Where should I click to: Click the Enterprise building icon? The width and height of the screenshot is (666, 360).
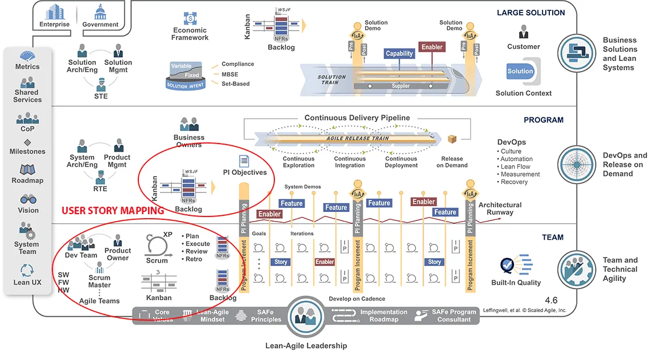[x=54, y=11]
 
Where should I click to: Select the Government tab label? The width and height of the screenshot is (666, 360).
[x=100, y=24]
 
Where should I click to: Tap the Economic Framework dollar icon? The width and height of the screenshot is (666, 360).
[x=190, y=19]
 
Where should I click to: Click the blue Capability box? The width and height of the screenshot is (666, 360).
[x=399, y=54]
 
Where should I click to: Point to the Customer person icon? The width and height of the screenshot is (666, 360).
[x=523, y=32]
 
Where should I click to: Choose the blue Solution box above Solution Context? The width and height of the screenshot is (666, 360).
[x=520, y=71]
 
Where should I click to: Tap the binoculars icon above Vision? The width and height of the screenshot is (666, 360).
[x=28, y=199]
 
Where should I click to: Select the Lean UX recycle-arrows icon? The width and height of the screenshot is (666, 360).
[x=27, y=270]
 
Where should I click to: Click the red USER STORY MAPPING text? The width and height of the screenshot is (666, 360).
[x=113, y=211]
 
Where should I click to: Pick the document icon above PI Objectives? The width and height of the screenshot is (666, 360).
[x=244, y=161]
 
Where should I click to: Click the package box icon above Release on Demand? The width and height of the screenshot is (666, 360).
[x=452, y=140]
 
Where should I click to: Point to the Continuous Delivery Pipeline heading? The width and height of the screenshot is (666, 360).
[x=357, y=118]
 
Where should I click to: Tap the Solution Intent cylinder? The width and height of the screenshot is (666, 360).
[x=185, y=76]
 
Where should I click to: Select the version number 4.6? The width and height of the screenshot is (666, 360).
[x=551, y=300]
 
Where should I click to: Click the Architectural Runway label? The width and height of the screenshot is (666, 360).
[x=500, y=208]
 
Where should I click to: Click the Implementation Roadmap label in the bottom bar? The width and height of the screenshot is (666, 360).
[x=383, y=316]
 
